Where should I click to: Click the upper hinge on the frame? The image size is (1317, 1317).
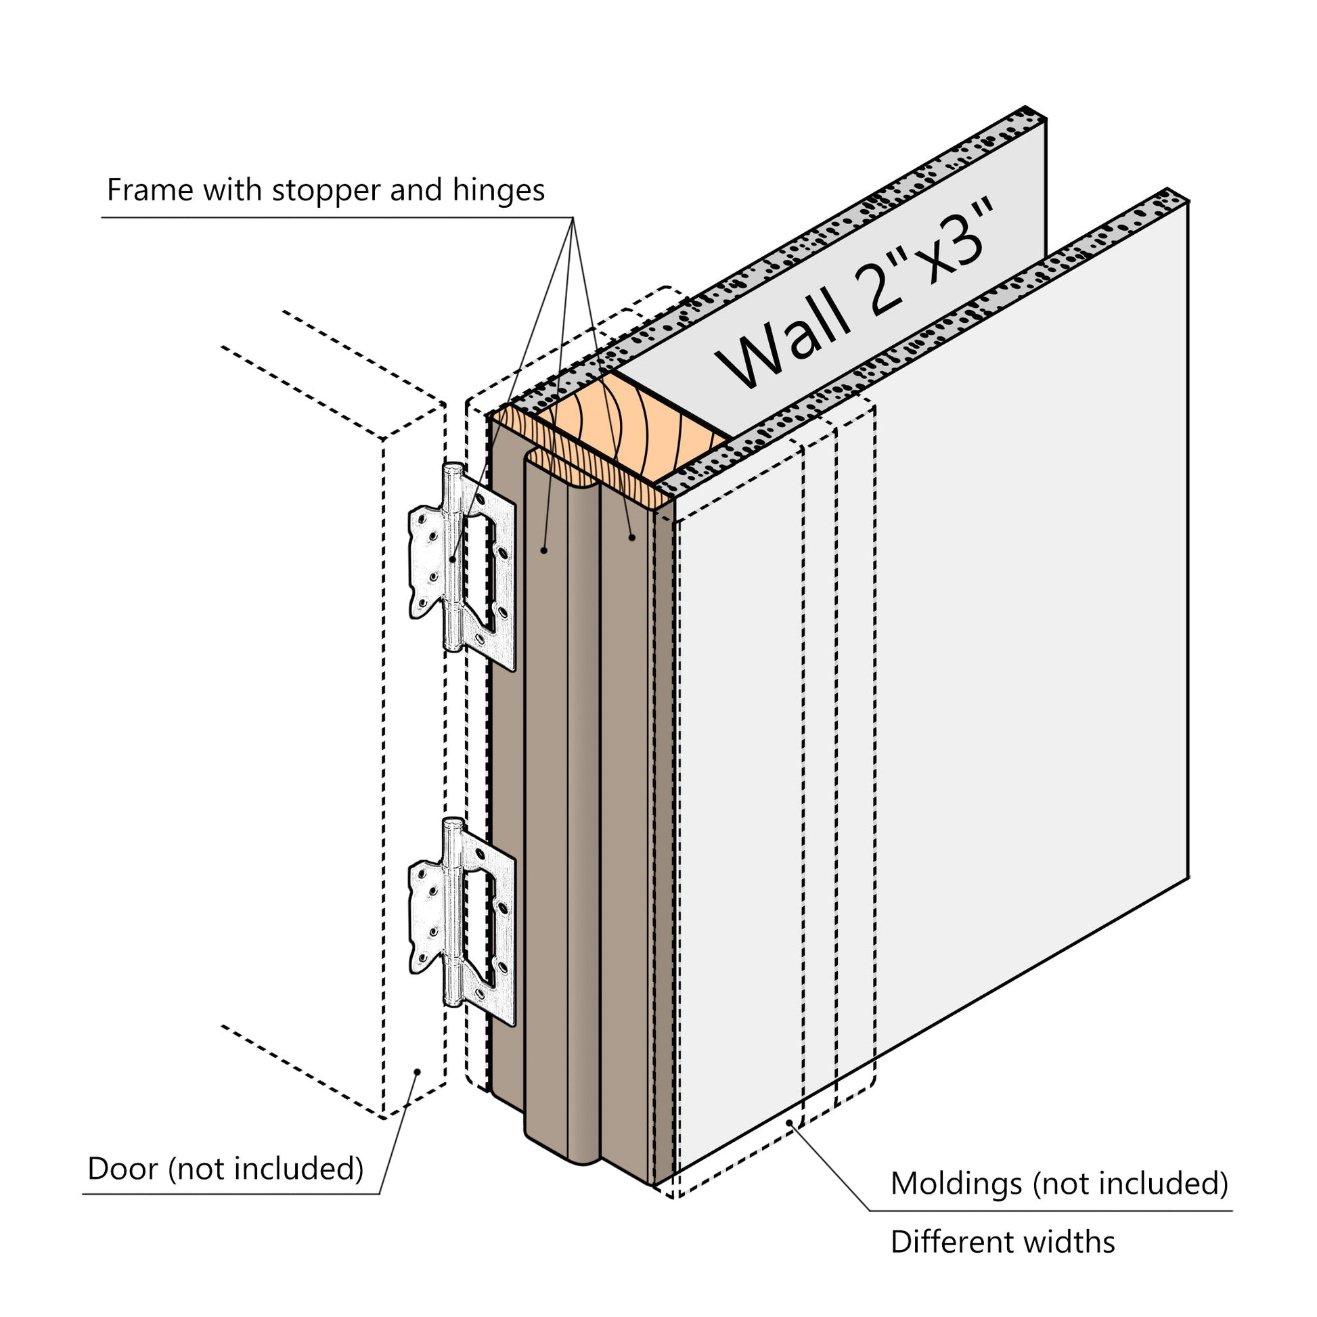point(462,567)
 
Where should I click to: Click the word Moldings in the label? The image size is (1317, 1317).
point(956,1184)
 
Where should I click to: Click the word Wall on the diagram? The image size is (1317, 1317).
point(784,341)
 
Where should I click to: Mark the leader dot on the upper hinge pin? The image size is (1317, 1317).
point(453,560)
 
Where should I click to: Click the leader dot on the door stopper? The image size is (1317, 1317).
point(544,550)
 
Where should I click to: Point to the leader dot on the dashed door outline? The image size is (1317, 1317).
point(417,1072)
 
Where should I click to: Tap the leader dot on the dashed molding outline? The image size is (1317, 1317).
point(790,1122)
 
